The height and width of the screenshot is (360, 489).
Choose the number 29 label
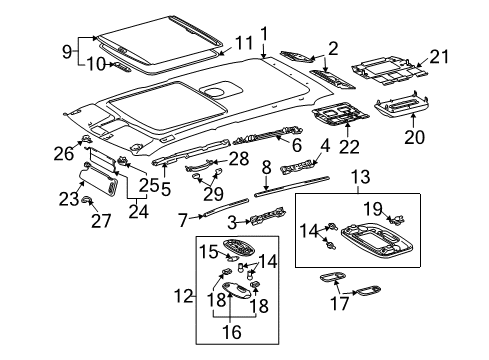(211, 192)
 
